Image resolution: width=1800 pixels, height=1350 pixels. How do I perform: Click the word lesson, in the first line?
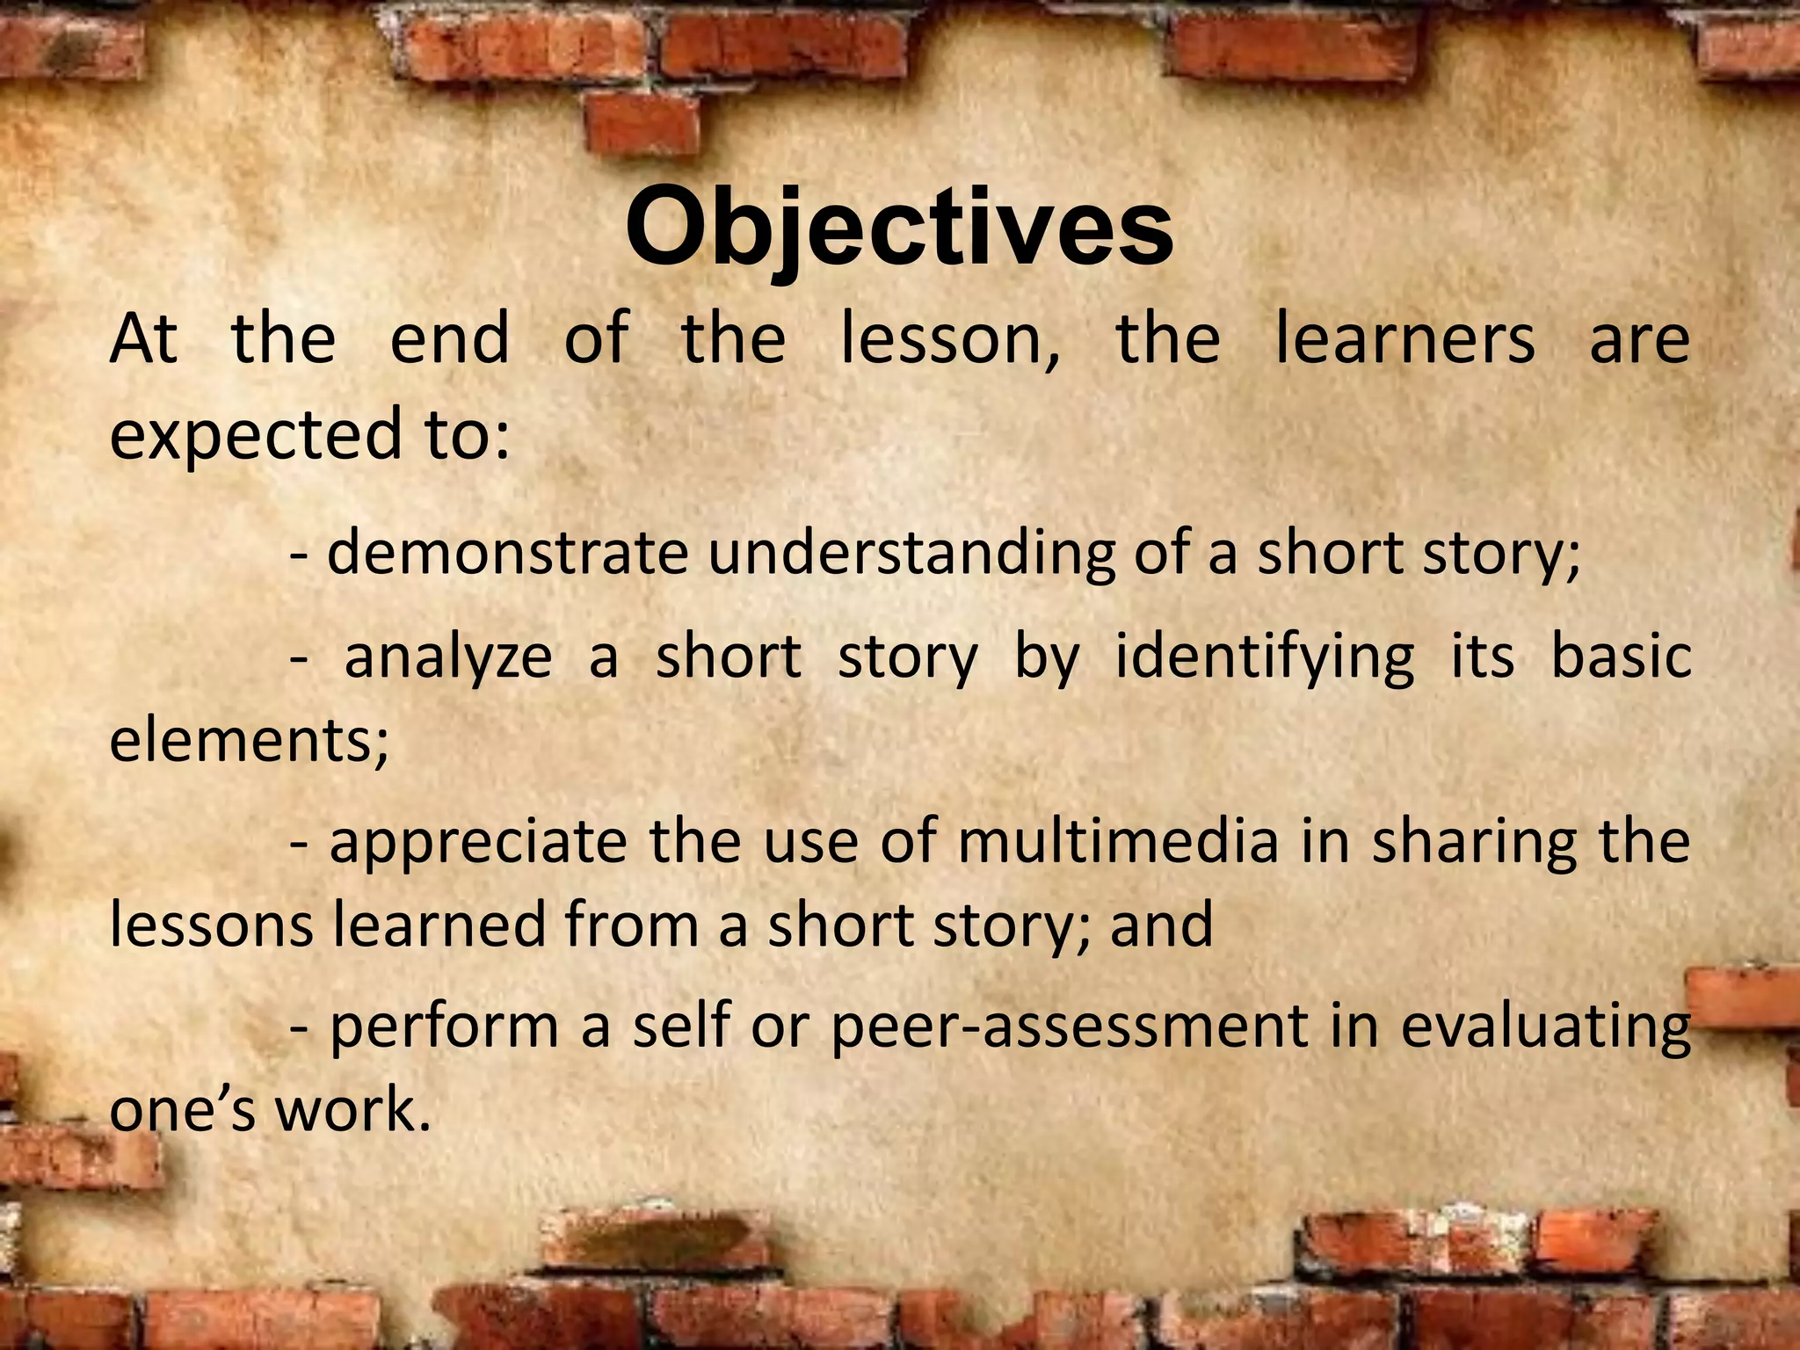click(x=949, y=339)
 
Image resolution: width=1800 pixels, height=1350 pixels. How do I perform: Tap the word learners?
click(x=1404, y=339)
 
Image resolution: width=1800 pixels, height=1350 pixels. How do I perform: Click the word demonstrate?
click(x=507, y=554)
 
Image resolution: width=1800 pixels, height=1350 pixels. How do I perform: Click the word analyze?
click(x=447, y=658)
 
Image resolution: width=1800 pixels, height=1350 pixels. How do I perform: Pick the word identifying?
click(x=1265, y=658)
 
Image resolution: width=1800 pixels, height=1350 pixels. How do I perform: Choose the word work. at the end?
click(x=353, y=1110)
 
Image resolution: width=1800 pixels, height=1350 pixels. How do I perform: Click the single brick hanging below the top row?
click(x=642, y=124)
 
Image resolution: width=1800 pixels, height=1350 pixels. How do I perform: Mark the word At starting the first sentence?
click(x=143, y=339)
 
